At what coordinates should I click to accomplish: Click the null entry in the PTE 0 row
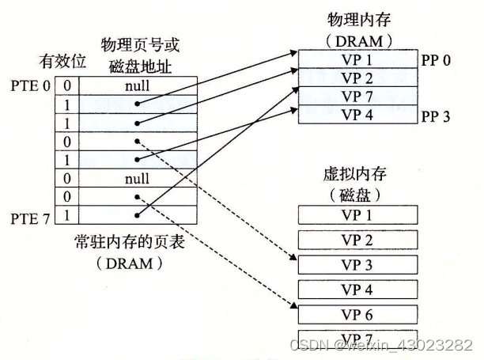pyautogui.click(x=137, y=81)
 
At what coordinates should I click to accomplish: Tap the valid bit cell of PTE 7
pyautogui.click(x=67, y=214)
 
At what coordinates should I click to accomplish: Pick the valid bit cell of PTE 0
pyautogui.click(x=67, y=81)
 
